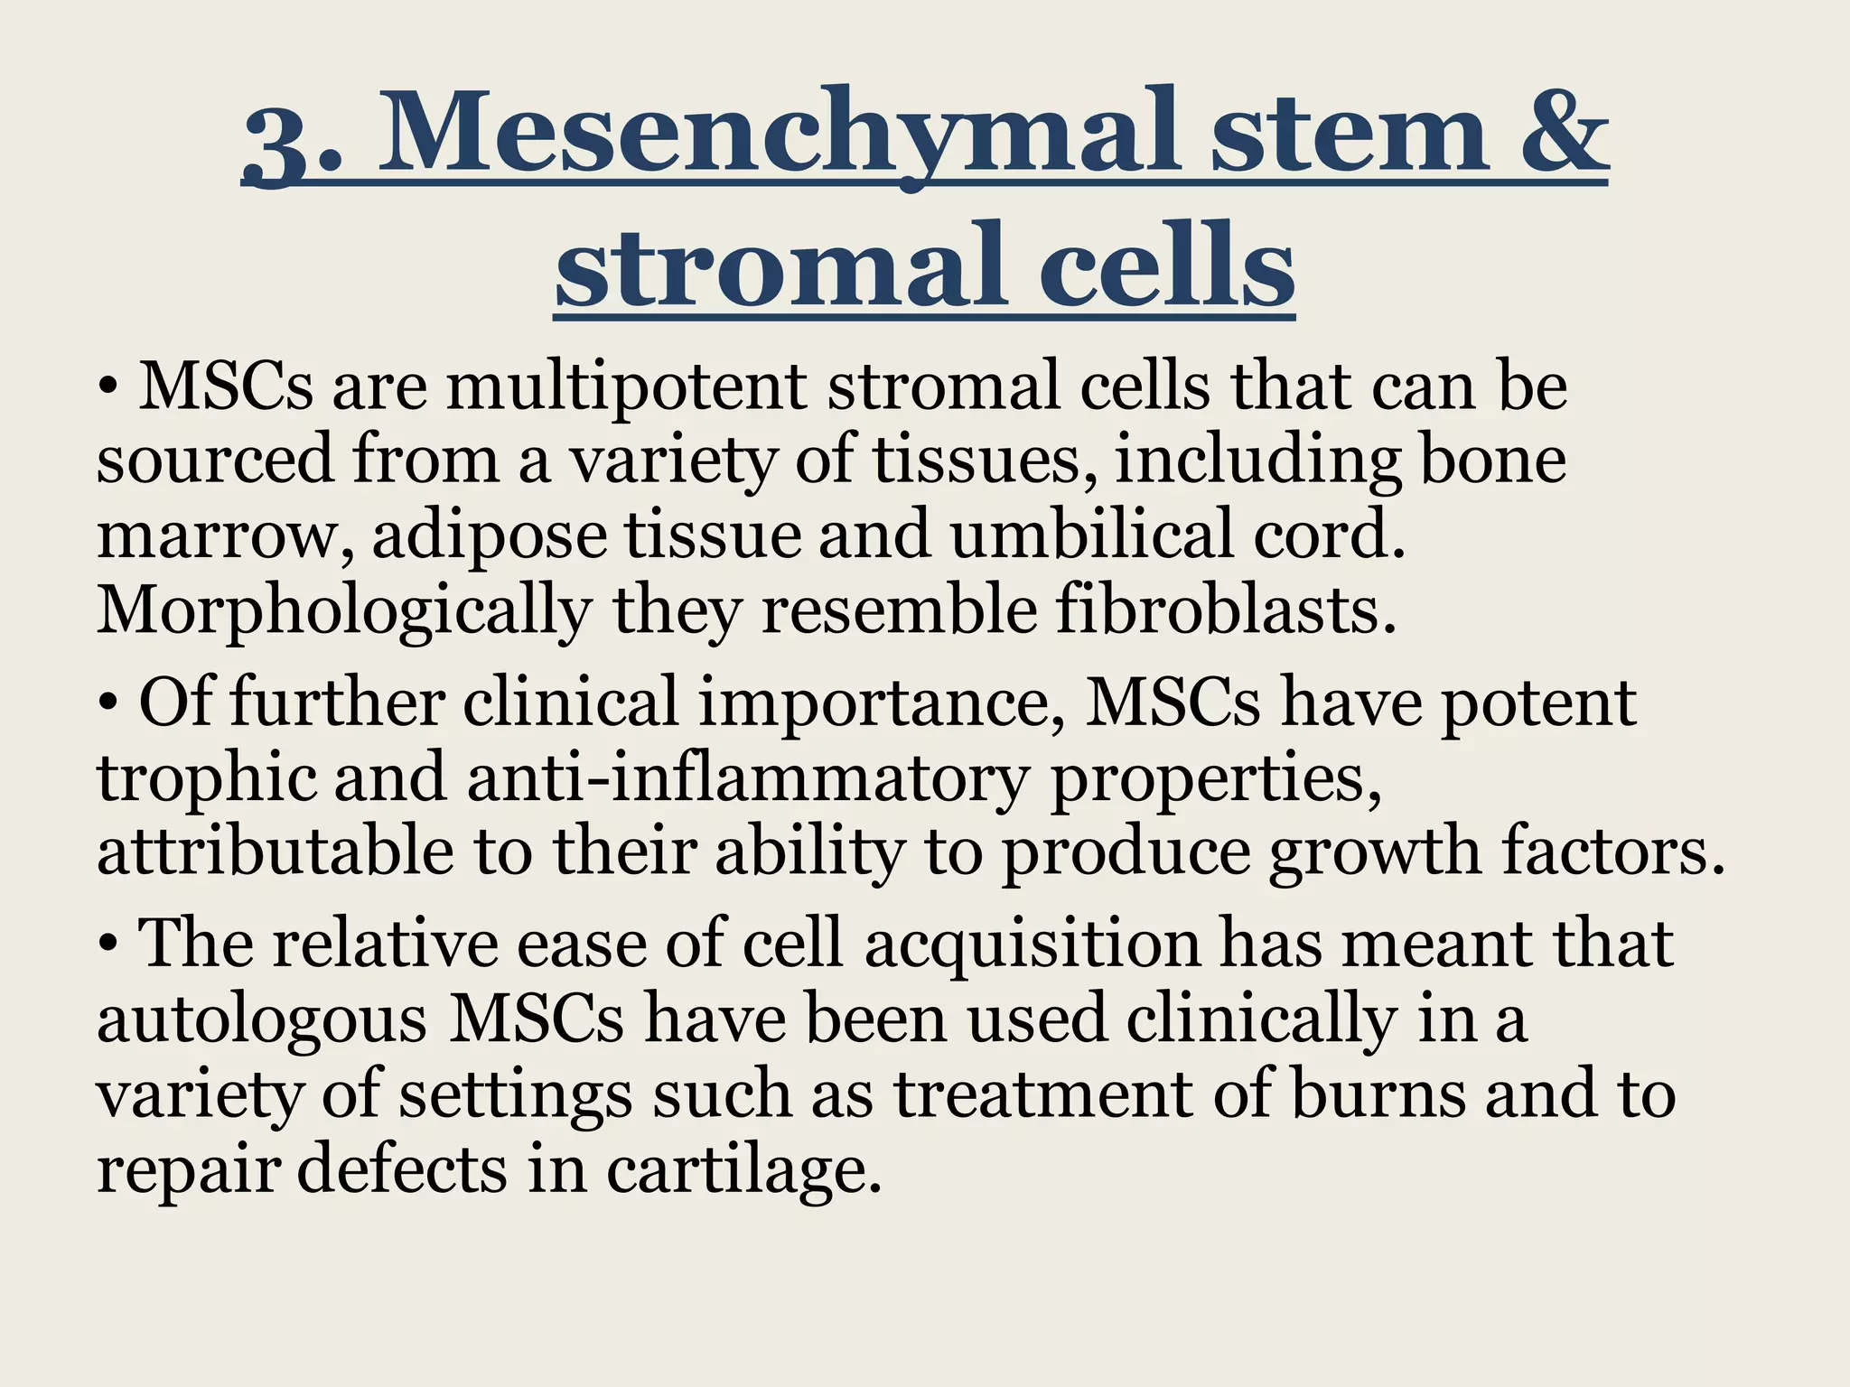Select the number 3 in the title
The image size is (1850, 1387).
pos(281,144)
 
